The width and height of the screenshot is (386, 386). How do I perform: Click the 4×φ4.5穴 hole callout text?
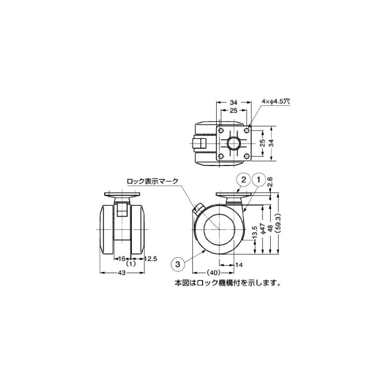click(x=276, y=101)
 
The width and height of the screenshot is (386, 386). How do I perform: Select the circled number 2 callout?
click(x=244, y=180)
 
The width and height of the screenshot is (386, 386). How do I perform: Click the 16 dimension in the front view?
click(x=122, y=259)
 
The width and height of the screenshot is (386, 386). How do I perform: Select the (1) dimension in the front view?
click(x=130, y=264)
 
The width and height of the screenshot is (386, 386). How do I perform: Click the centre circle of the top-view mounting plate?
click(x=234, y=143)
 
